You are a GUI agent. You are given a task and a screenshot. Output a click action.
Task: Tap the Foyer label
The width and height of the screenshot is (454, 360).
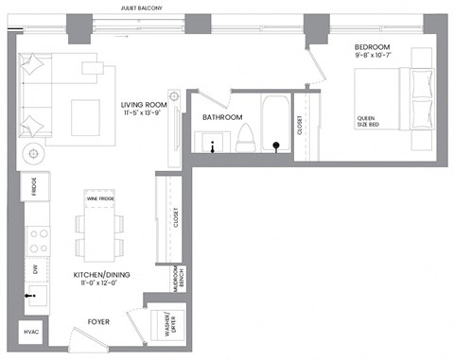tap(98, 322)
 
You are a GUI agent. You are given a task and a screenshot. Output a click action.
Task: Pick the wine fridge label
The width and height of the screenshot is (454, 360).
tap(99, 199)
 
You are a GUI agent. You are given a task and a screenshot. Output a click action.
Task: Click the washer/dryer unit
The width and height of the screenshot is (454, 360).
tap(170, 325)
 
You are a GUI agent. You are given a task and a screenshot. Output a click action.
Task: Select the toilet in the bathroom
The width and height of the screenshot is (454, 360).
tap(244, 136)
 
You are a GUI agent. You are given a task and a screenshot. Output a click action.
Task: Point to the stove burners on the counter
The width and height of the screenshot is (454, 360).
tap(38, 238)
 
